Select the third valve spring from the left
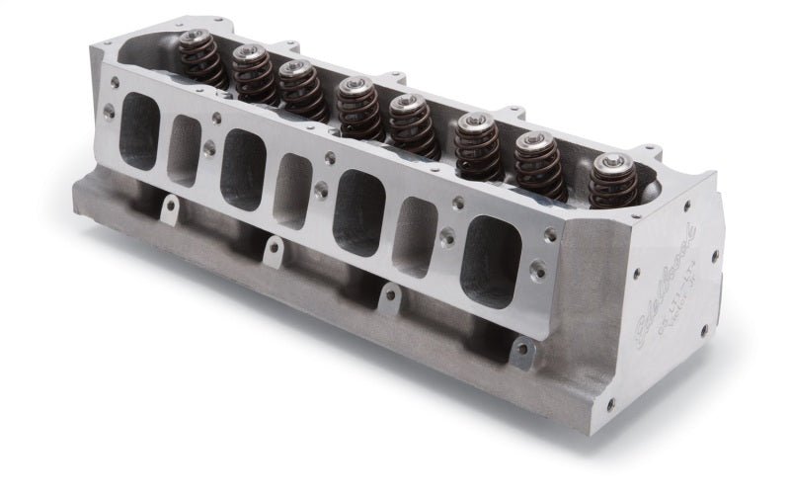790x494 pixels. (x=300, y=90)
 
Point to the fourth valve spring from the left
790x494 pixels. (x=357, y=108)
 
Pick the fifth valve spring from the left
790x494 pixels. (x=411, y=124)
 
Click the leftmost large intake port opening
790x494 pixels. (x=139, y=131)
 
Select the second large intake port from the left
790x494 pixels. (x=243, y=168)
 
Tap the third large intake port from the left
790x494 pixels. (x=357, y=211)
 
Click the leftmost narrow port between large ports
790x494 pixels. (x=184, y=151)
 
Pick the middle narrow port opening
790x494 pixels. (x=292, y=191)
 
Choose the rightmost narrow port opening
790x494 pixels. (x=415, y=237)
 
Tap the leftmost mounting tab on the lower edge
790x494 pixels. (x=170, y=208)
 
